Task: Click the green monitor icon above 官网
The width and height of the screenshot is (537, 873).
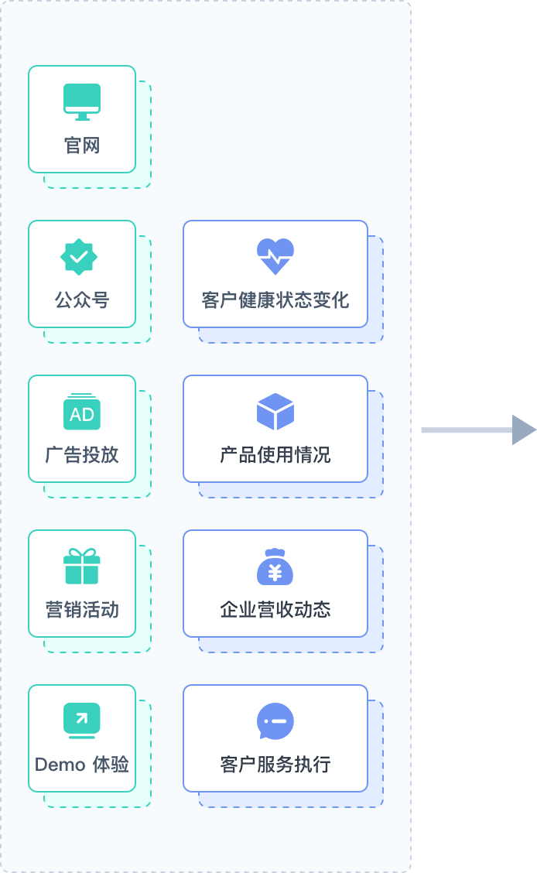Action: pyautogui.click(x=82, y=101)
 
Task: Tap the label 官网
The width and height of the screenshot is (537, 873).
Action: pyautogui.click(x=82, y=145)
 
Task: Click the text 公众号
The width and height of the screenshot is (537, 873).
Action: pyautogui.click(x=82, y=300)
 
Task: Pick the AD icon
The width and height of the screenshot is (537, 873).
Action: pyautogui.click(x=82, y=413)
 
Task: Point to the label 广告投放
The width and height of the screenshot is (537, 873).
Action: pyautogui.click(x=82, y=455)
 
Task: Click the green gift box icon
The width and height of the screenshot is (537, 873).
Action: pyautogui.click(x=82, y=567)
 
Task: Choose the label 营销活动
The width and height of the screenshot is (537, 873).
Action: pyautogui.click(x=82, y=610)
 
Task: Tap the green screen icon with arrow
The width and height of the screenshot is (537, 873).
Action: pyautogui.click(x=82, y=721)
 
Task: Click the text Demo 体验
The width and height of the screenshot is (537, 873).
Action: pyautogui.click(x=82, y=765)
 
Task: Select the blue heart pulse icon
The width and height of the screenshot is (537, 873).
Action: pyautogui.click(x=275, y=256)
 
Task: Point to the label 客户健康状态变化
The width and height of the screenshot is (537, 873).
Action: pyautogui.click(x=275, y=300)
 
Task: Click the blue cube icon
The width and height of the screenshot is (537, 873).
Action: pyautogui.click(x=275, y=412)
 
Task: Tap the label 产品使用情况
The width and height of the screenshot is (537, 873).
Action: pyautogui.click(x=275, y=455)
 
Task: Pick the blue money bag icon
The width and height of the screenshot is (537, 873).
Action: pyautogui.click(x=275, y=567)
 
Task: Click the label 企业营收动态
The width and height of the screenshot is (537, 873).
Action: pyautogui.click(x=275, y=610)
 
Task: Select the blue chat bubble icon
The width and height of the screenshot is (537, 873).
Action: pyautogui.click(x=275, y=721)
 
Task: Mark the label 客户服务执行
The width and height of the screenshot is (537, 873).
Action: pyautogui.click(x=275, y=765)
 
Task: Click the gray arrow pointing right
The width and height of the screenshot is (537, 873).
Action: pyautogui.click(x=478, y=430)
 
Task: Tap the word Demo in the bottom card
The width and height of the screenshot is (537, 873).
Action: pyautogui.click(x=60, y=765)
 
